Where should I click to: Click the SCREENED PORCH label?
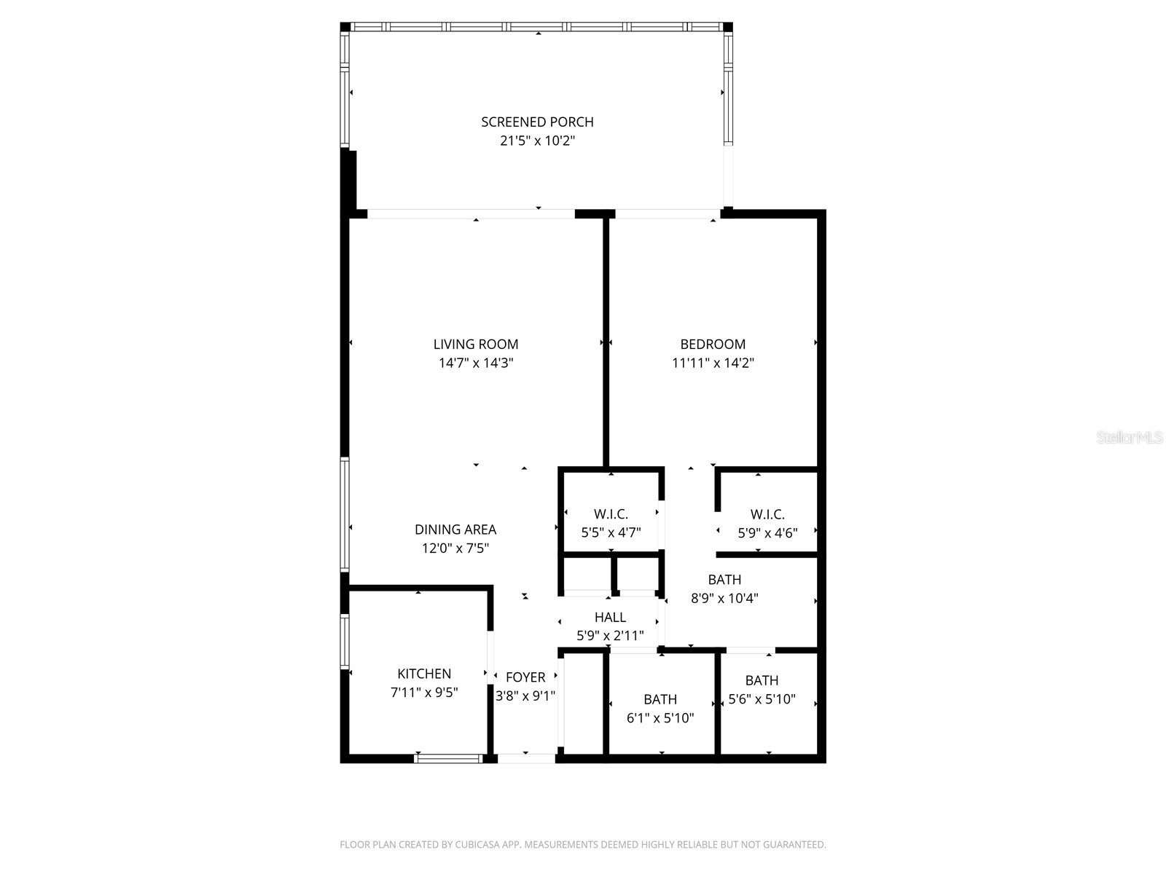[537, 122]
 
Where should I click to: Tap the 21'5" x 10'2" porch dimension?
[537, 141]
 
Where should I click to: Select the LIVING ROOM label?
[476, 344]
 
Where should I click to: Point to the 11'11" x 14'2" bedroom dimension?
[713, 363]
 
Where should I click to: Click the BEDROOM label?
[713, 344]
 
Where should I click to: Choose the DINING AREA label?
[455, 529]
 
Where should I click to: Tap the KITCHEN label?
[424, 674]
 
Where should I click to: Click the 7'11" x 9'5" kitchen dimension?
[424, 693]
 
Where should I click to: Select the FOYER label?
[525, 677]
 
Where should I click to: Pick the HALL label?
[610, 617]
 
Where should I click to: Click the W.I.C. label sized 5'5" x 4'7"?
[611, 514]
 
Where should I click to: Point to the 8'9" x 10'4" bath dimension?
[724, 599]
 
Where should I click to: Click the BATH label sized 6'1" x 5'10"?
[660, 699]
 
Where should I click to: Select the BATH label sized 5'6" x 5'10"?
[762, 680]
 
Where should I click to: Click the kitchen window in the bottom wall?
[448, 758]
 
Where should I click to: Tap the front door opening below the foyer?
[526, 758]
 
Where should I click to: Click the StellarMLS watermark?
[1130, 438]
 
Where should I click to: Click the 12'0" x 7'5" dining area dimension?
[455, 548]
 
